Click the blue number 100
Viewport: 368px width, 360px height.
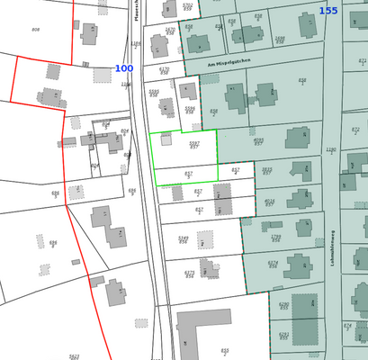pos(124,68)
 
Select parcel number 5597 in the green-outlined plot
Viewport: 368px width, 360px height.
pos(194,144)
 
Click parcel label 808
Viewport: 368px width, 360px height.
pos(35,30)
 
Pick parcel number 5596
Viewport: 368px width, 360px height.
pos(190,110)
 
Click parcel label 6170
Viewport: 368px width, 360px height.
pos(165,70)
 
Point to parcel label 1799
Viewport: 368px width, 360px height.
pos(275,238)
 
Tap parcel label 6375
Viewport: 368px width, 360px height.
pos(189,274)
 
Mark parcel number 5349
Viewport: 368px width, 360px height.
pos(184,239)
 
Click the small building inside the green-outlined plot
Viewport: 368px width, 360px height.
pos(166,139)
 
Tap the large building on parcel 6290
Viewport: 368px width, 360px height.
pos(305,319)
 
